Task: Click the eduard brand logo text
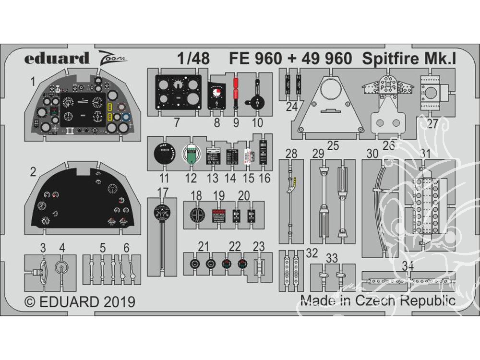tap(57, 58)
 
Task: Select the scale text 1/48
tap(193, 59)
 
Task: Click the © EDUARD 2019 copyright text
tap(80, 302)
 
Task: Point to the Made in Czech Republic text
tap(378, 300)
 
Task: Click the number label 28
tap(291, 154)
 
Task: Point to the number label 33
tap(332, 258)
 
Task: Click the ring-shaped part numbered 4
tap(61, 269)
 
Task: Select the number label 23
tap(259, 247)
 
